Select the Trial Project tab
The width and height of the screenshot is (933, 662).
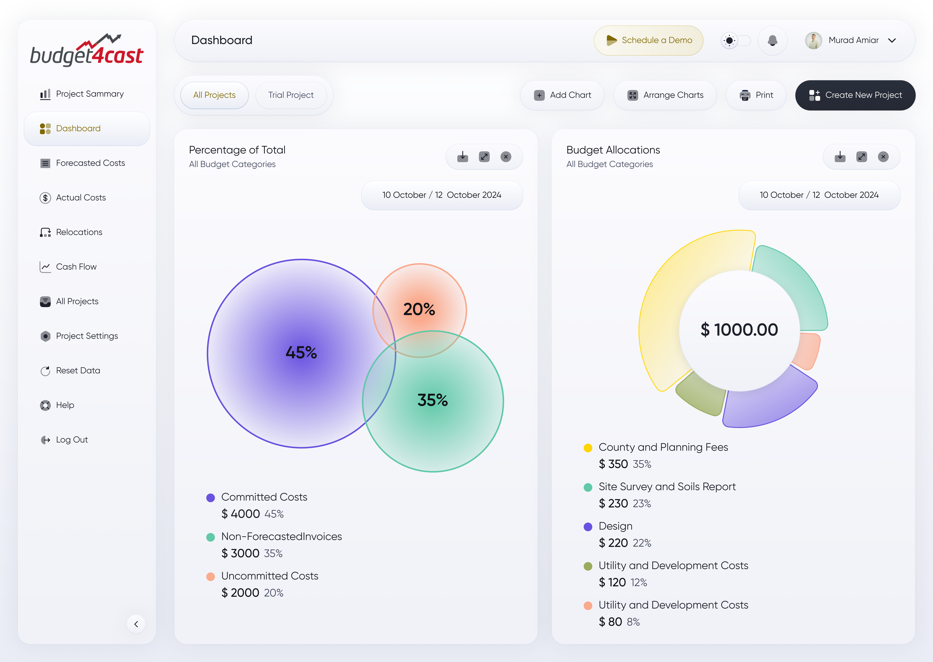291,95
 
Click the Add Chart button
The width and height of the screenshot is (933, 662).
562,95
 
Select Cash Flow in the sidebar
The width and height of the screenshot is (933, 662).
76,267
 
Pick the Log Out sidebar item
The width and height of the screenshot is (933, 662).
72,439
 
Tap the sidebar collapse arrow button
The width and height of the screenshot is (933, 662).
136,624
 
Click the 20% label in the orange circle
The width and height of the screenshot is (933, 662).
419,309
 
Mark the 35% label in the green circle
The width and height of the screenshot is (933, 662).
432,400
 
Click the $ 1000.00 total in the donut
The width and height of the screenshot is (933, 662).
739,329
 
